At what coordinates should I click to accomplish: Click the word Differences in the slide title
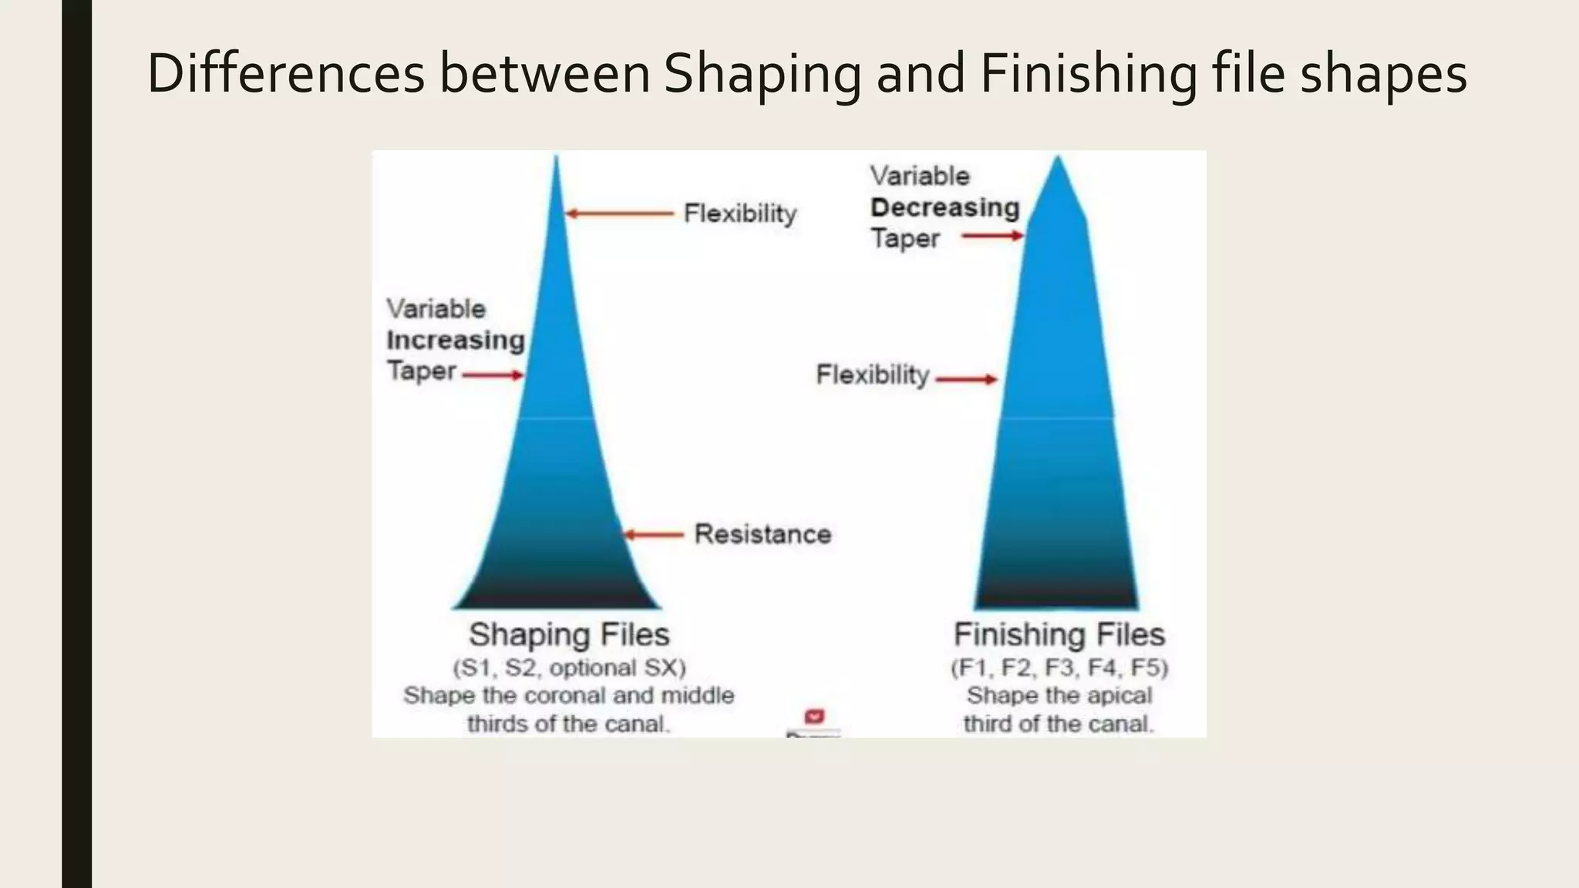(x=285, y=74)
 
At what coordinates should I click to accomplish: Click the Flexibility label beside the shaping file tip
(x=740, y=214)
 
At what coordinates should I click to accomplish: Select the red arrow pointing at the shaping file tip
(x=619, y=214)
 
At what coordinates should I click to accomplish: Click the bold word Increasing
(x=456, y=340)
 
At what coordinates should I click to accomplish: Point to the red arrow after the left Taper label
(x=493, y=375)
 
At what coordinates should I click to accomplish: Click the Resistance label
(x=763, y=534)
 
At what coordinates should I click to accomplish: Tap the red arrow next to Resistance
(x=654, y=534)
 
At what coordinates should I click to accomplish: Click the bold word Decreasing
(x=945, y=207)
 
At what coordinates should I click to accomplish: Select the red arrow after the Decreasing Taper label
(x=993, y=236)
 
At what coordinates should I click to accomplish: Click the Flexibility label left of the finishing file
(x=873, y=375)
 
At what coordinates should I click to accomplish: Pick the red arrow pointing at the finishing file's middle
(x=967, y=379)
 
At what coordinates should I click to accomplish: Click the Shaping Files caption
(x=569, y=634)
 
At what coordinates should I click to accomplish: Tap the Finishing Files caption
(x=1059, y=634)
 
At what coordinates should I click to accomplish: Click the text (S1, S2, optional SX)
(x=569, y=668)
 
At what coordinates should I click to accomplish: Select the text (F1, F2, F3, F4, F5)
(x=1059, y=668)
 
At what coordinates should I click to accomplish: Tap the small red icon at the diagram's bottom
(x=814, y=717)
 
